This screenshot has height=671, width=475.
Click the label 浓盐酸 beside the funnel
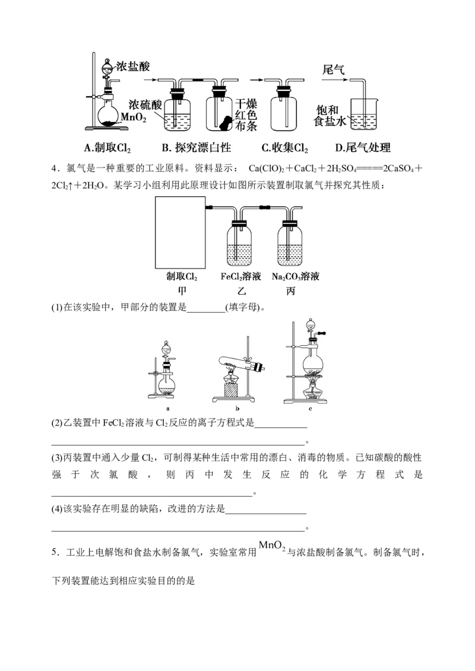tap(134, 67)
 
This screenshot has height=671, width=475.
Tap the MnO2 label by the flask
tap(134, 117)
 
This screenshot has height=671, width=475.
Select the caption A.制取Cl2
tap(107, 148)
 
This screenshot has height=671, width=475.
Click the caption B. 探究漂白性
tap(197, 148)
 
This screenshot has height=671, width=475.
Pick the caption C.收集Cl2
tap(285, 148)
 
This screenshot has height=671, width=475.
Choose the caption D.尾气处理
tap(363, 148)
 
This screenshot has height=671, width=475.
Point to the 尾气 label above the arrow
tap(334, 70)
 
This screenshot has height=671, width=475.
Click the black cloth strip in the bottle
tap(225, 123)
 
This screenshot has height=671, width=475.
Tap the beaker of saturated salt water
tap(363, 114)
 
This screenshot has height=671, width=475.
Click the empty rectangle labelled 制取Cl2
tap(180, 232)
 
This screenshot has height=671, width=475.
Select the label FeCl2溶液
tap(240, 277)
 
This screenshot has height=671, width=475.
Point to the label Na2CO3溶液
tap(296, 277)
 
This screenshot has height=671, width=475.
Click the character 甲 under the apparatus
tap(182, 291)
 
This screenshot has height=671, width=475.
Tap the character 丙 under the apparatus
tap(290, 291)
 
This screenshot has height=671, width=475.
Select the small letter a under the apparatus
tap(167, 409)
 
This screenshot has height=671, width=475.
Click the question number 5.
tap(55, 553)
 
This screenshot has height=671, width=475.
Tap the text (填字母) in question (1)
tap(243, 307)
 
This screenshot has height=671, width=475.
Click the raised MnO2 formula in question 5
tap(272, 546)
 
